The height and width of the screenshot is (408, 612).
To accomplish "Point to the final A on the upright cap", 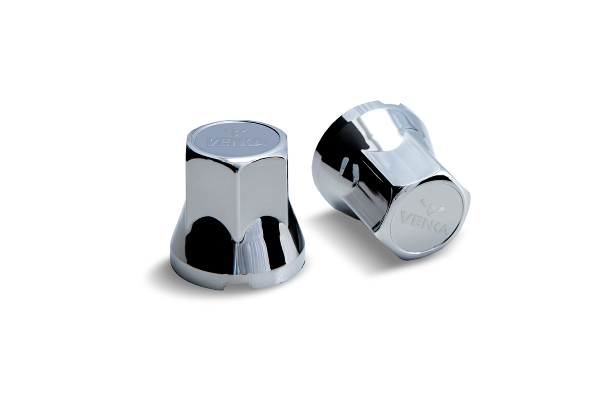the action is [x=261, y=142].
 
